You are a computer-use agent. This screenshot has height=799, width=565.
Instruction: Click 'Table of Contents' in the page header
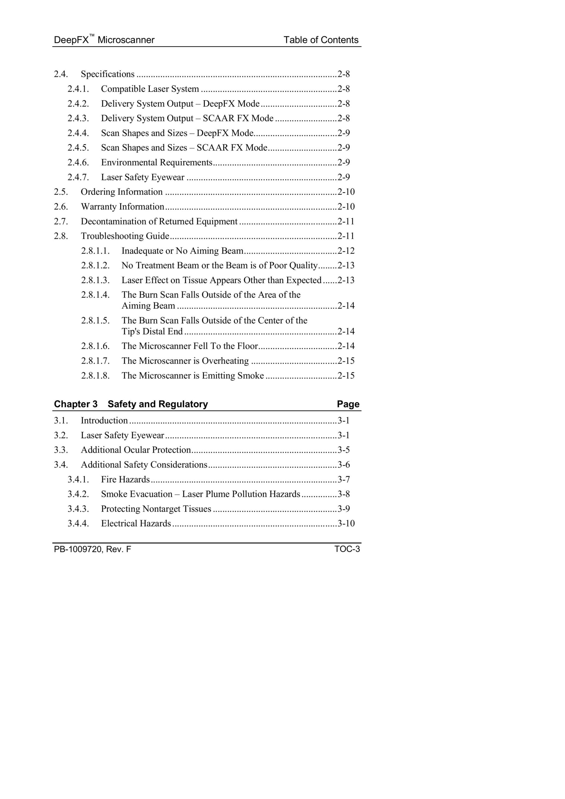pos(321,40)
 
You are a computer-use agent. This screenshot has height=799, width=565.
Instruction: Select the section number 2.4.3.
pos(78,118)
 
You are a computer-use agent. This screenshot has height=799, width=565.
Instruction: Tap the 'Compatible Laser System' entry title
pos(150,89)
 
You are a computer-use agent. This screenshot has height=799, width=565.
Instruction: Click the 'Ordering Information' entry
pos(121,192)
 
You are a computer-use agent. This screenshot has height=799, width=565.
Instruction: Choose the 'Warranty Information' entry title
pos(123,207)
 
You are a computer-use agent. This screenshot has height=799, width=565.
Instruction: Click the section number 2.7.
pos(61,222)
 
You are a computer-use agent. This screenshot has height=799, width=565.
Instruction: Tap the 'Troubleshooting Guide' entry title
pos(125,236)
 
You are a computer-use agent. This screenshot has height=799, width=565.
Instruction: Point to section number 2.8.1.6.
pos(95,346)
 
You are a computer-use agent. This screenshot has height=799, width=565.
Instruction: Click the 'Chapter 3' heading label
pos(76,404)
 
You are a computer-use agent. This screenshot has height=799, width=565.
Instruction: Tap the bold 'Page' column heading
pos(348,404)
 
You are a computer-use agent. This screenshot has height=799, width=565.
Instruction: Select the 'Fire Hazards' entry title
pos(125,479)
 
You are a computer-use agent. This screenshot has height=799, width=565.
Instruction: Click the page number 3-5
pos(344,450)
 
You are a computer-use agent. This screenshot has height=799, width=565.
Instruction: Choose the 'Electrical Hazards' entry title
pos(136,524)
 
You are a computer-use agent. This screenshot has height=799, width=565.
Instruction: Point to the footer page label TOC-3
pos(347,549)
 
